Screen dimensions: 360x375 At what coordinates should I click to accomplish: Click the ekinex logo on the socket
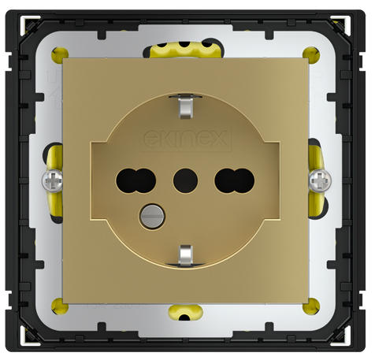186,141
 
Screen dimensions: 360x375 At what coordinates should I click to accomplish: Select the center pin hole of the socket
186,174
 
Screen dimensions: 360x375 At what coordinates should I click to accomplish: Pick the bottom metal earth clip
186,255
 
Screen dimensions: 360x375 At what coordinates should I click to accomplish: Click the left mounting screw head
53,180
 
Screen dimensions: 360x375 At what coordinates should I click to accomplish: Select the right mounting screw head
319,180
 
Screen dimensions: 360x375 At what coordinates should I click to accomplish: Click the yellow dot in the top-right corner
316,55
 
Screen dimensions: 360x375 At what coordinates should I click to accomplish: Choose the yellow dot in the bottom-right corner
316,306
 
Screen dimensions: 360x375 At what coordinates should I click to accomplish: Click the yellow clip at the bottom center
187,313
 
